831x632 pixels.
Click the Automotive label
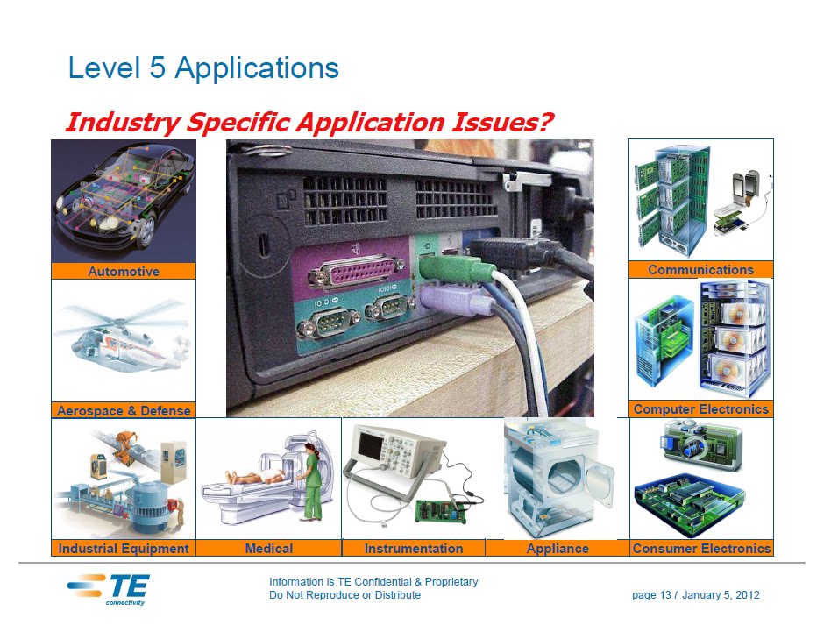pyautogui.click(x=124, y=271)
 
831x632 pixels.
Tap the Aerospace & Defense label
pyautogui.click(x=124, y=410)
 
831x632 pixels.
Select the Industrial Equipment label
pyautogui.click(x=124, y=549)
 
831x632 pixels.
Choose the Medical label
pyautogui.click(x=269, y=549)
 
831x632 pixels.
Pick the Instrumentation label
pyautogui.click(x=414, y=549)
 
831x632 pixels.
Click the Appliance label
pyautogui.click(x=558, y=549)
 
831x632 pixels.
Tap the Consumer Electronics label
pyautogui.click(x=701, y=549)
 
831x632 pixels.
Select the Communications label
pyautogui.click(x=700, y=270)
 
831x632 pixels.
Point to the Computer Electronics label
pyautogui.click(x=700, y=409)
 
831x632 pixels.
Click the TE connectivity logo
pyautogui.click(x=109, y=588)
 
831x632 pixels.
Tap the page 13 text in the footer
pyautogui.click(x=651, y=595)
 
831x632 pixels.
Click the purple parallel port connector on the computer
pyautogui.click(x=357, y=271)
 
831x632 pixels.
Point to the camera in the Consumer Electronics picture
pyautogui.click(x=700, y=445)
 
